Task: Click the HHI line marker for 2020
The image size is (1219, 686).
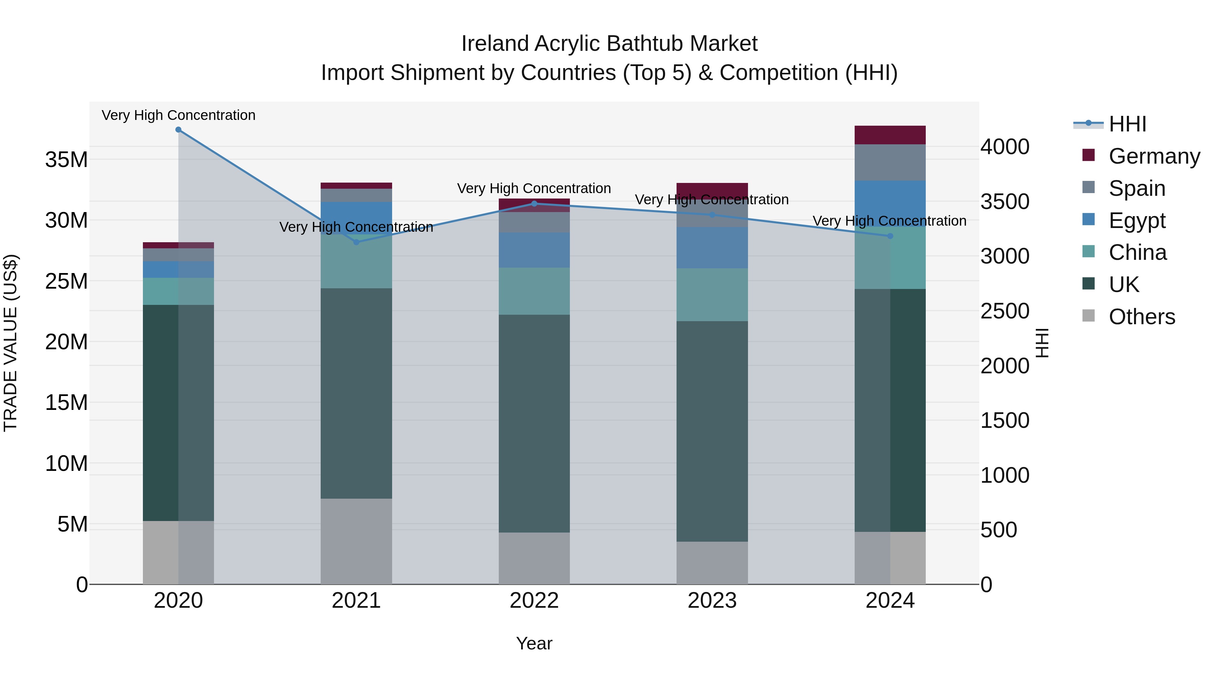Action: pyautogui.click(x=178, y=130)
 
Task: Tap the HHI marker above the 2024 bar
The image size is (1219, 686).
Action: pyautogui.click(x=890, y=236)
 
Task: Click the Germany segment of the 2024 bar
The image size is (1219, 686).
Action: pyautogui.click(x=890, y=135)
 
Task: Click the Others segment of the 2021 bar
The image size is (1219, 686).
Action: pyautogui.click(x=356, y=541)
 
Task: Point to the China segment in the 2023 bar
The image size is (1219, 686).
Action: pyautogui.click(x=712, y=294)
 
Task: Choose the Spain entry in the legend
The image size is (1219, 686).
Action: pyautogui.click(x=1137, y=188)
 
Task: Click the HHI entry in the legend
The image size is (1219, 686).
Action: pyautogui.click(x=1127, y=124)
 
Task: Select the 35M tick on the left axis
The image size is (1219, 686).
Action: pyautogui.click(x=66, y=160)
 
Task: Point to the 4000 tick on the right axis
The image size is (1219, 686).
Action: pyautogui.click(x=1005, y=146)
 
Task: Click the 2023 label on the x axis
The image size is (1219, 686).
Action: pyautogui.click(x=712, y=601)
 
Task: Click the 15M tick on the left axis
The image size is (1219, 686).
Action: pyautogui.click(x=66, y=402)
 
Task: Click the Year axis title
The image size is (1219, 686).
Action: pyautogui.click(x=534, y=643)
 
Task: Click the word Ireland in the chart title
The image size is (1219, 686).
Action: pyautogui.click(x=495, y=44)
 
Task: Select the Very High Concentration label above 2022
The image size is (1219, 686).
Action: pyautogui.click(x=534, y=188)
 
